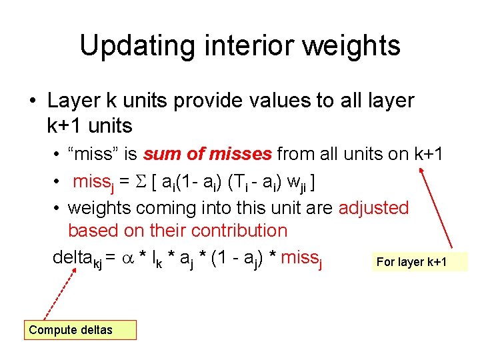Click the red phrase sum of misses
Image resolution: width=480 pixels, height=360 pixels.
[x=207, y=155]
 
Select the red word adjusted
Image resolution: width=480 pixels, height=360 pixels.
[x=373, y=208]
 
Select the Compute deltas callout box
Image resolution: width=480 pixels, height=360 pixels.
[x=80, y=330]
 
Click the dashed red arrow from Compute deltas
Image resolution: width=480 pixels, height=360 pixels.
[x=58, y=293]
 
